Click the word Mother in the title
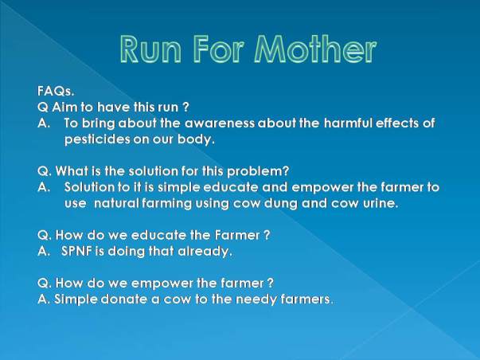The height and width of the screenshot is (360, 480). (x=315, y=49)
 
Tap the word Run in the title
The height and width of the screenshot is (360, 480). (x=150, y=49)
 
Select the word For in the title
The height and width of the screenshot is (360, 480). (x=219, y=49)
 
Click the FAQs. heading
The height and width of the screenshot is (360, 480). (x=56, y=91)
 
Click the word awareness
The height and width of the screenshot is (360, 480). (x=220, y=123)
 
